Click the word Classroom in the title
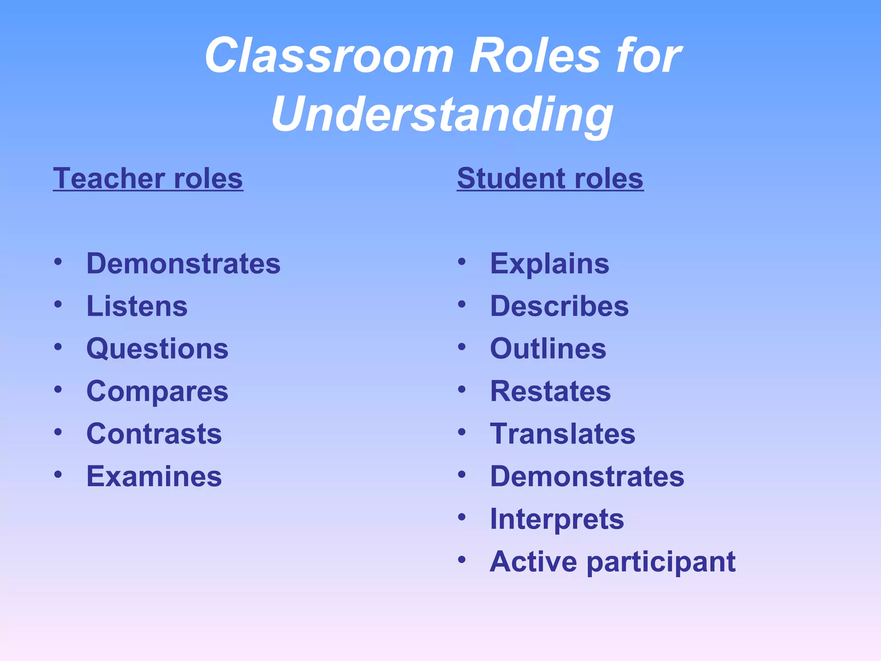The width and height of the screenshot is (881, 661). click(329, 56)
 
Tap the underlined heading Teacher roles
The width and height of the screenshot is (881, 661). click(148, 178)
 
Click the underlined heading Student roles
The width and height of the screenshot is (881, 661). click(550, 178)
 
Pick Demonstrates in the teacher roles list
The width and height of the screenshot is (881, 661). click(183, 263)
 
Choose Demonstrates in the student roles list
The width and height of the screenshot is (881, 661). click(587, 476)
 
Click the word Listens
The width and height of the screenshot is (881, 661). click(137, 306)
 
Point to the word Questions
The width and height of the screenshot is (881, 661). click(157, 349)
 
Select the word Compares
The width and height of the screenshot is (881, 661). click(157, 392)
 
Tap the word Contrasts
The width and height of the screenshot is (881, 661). click(154, 434)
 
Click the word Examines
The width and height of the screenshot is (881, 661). click(154, 476)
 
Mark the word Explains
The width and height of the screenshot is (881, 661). click(550, 263)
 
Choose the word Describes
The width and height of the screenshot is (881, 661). click(559, 306)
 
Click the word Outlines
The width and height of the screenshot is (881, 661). click(548, 349)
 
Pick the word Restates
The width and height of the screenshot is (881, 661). click(550, 391)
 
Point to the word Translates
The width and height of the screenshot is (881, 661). click(563, 434)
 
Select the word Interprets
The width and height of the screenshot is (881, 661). click(557, 519)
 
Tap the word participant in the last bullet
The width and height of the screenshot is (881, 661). click(661, 562)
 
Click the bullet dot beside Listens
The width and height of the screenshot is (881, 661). click(58, 304)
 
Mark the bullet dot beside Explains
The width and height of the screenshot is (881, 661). click(462, 262)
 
